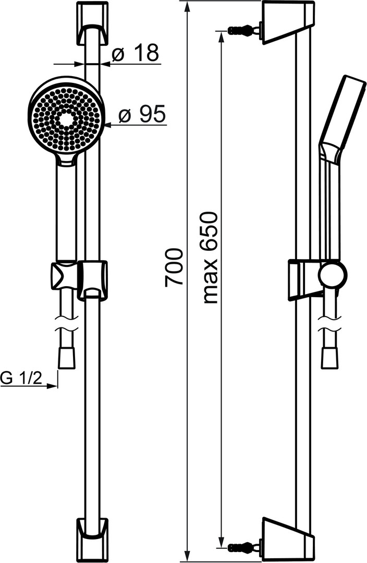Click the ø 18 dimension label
click(x=134, y=54)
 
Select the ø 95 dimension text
click(x=142, y=115)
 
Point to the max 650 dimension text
click(x=210, y=258)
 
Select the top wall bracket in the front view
click(x=92, y=24)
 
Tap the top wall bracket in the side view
click(x=288, y=22)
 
